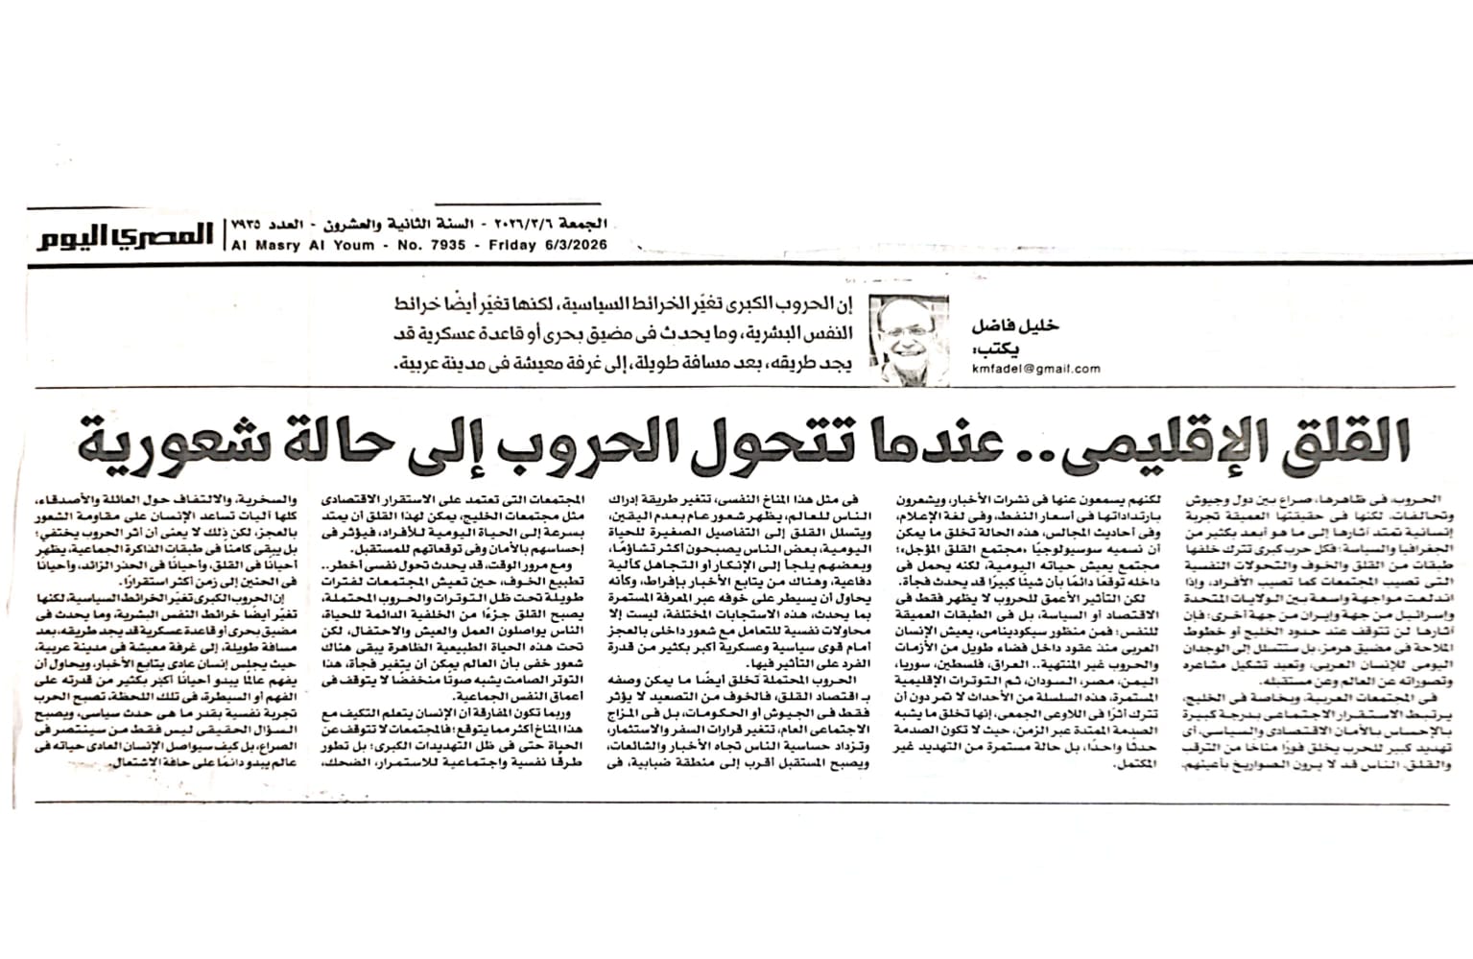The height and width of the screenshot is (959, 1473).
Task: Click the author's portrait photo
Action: (908, 339)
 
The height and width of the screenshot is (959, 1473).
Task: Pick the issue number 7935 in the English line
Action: (446, 245)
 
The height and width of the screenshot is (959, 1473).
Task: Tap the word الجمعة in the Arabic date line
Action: (583, 224)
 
